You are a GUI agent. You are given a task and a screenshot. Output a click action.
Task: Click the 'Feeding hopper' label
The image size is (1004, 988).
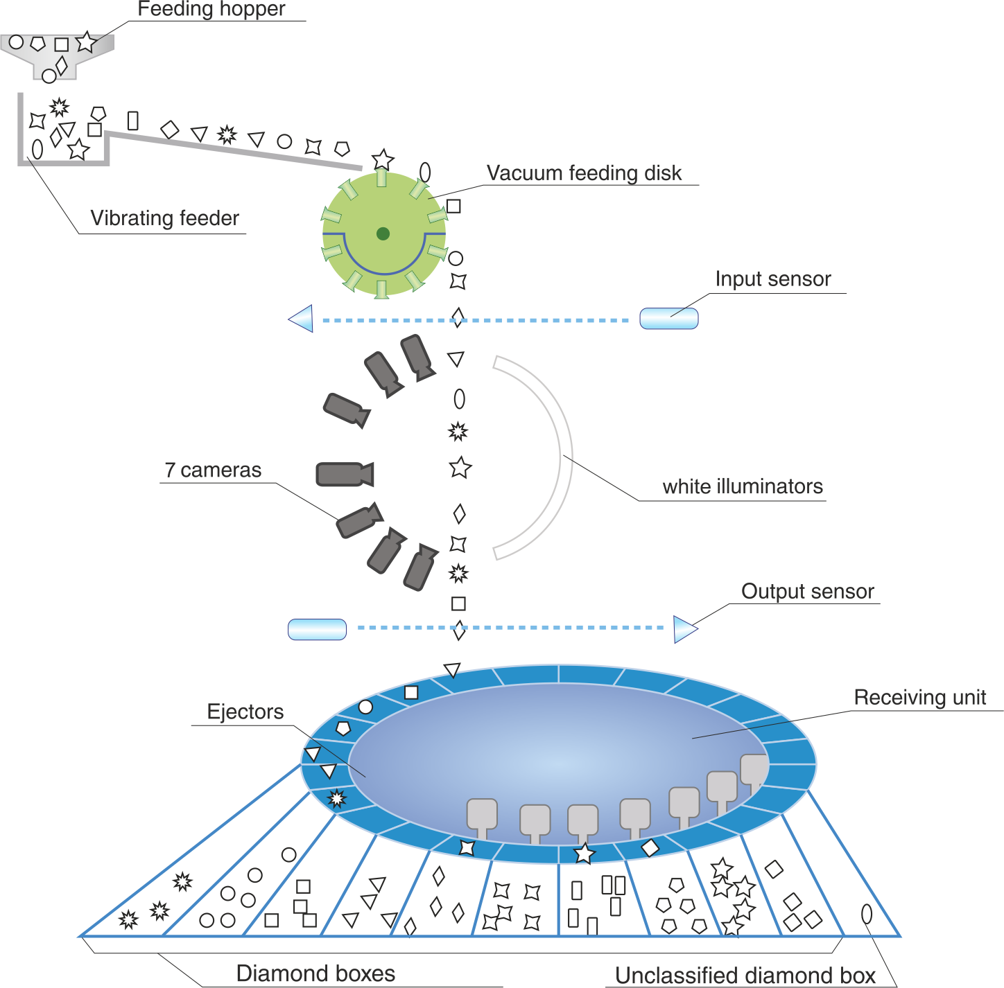click(x=211, y=9)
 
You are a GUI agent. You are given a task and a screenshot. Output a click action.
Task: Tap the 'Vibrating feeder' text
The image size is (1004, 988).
click(x=164, y=218)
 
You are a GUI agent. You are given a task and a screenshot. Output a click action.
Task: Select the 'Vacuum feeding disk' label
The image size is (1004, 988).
click(x=584, y=173)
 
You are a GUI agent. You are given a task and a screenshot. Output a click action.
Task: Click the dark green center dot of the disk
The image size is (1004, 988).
click(x=383, y=233)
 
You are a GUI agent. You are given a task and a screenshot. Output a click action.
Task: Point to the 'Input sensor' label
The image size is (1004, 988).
click(x=772, y=279)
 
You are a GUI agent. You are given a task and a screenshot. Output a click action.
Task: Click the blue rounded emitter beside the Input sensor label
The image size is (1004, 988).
click(x=669, y=318)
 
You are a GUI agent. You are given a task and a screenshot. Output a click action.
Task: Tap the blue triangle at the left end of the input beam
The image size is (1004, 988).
click(x=301, y=318)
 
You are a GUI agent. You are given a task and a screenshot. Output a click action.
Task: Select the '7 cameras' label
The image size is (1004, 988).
click(x=213, y=470)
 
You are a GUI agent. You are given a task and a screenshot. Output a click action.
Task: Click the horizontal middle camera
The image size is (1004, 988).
click(x=345, y=474)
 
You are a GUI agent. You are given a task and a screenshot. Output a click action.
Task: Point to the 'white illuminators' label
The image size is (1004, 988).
click(x=743, y=486)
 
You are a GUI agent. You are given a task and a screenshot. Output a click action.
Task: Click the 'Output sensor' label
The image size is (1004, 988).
click(x=808, y=592)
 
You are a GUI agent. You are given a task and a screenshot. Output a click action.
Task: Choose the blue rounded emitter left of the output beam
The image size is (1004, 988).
click(x=318, y=629)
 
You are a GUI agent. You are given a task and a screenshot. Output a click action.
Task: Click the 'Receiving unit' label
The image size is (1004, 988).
click(x=919, y=698)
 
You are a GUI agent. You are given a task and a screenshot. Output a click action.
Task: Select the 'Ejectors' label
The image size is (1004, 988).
click(x=245, y=712)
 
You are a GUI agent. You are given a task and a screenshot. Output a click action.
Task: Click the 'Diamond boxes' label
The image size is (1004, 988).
click(x=315, y=973)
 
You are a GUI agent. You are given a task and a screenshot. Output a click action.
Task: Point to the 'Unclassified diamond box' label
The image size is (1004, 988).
click(x=745, y=976)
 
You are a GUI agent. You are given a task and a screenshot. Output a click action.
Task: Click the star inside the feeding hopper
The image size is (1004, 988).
click(x=86, y=42)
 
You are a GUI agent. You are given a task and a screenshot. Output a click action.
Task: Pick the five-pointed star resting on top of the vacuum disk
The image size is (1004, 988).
click(x=383, y=159)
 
